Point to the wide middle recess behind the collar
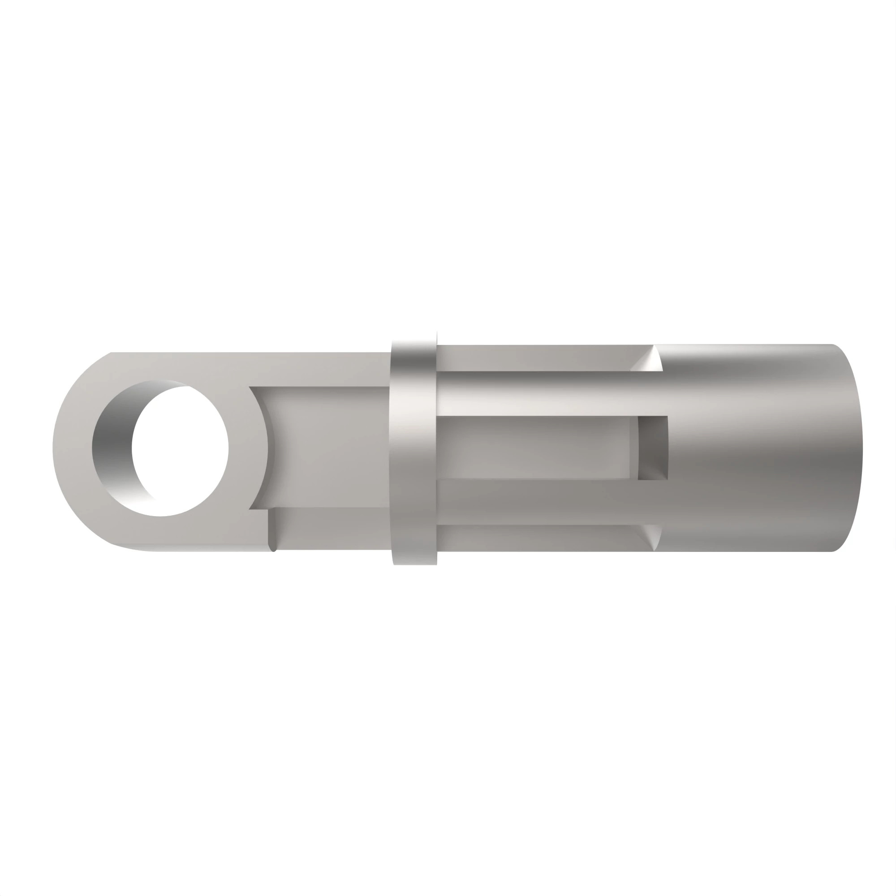click(533, 448)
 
